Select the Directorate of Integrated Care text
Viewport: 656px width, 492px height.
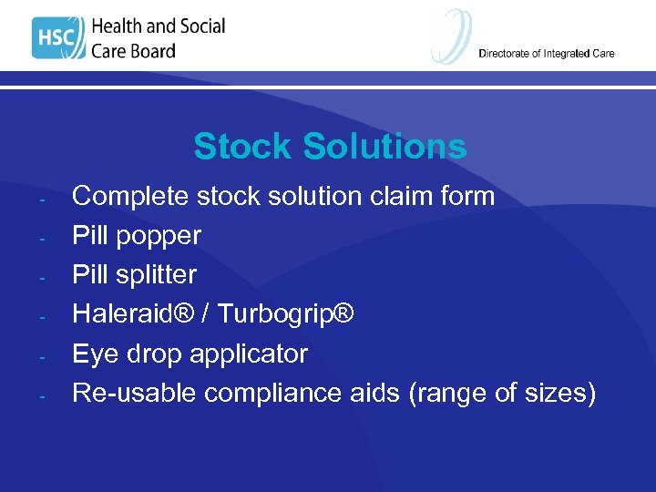click(546, 54)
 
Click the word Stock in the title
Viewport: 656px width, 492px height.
click(243, 147)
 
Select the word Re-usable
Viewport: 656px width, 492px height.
click(134, 393)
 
